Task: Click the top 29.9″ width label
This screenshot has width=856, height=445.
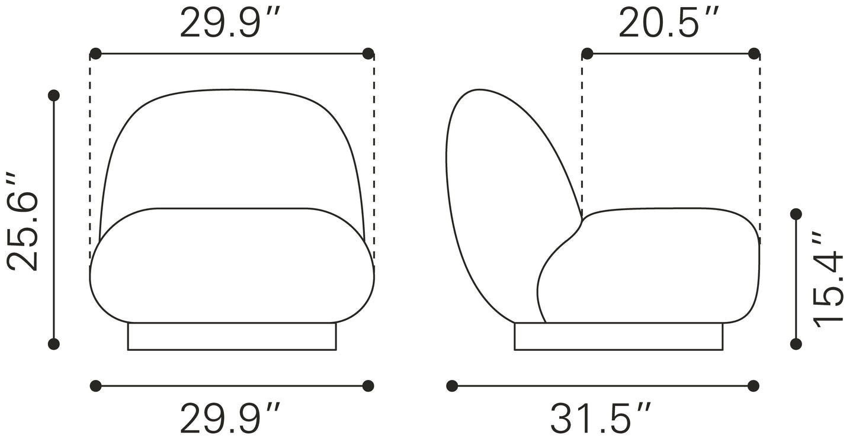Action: [230, 24]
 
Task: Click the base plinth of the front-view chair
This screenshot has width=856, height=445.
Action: [232, 336]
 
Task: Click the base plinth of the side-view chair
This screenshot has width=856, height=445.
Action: [618, 336]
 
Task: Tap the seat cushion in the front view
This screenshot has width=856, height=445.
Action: [232, 266]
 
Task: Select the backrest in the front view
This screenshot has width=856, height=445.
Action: [232, 148]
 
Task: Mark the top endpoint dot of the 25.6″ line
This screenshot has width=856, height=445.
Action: [54, 95]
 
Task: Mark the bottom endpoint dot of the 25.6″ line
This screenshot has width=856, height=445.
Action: [54, 344]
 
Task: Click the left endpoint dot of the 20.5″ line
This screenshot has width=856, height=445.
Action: [587, 54]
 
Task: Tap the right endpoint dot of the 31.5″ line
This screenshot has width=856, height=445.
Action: [754, 386]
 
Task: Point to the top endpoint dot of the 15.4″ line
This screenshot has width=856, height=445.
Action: [796, 214]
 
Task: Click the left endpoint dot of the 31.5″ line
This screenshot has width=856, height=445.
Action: [452, 386]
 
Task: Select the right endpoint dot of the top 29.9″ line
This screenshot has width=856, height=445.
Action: [368, 54]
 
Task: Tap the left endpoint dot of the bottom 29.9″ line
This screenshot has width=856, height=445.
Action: [95, 386]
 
